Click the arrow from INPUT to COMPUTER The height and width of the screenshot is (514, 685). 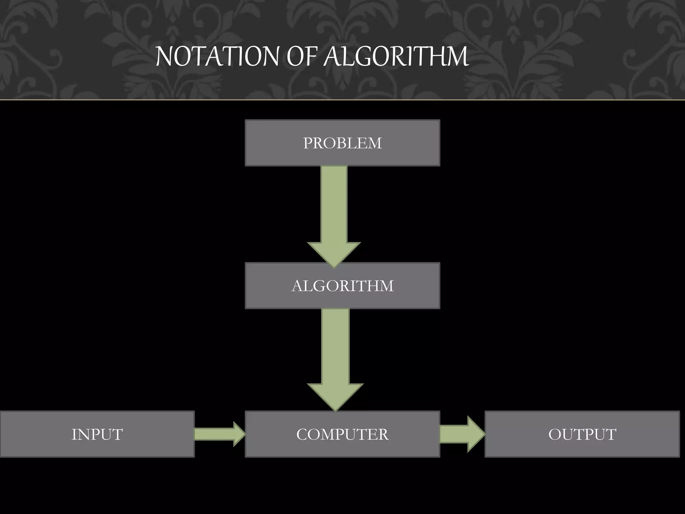point(217,434)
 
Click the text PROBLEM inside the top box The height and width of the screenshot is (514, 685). point(342,143)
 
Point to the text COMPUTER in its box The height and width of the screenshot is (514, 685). point(342,434)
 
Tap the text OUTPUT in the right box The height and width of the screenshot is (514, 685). point(582,434)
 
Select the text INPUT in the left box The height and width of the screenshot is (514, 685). point(97,434)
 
